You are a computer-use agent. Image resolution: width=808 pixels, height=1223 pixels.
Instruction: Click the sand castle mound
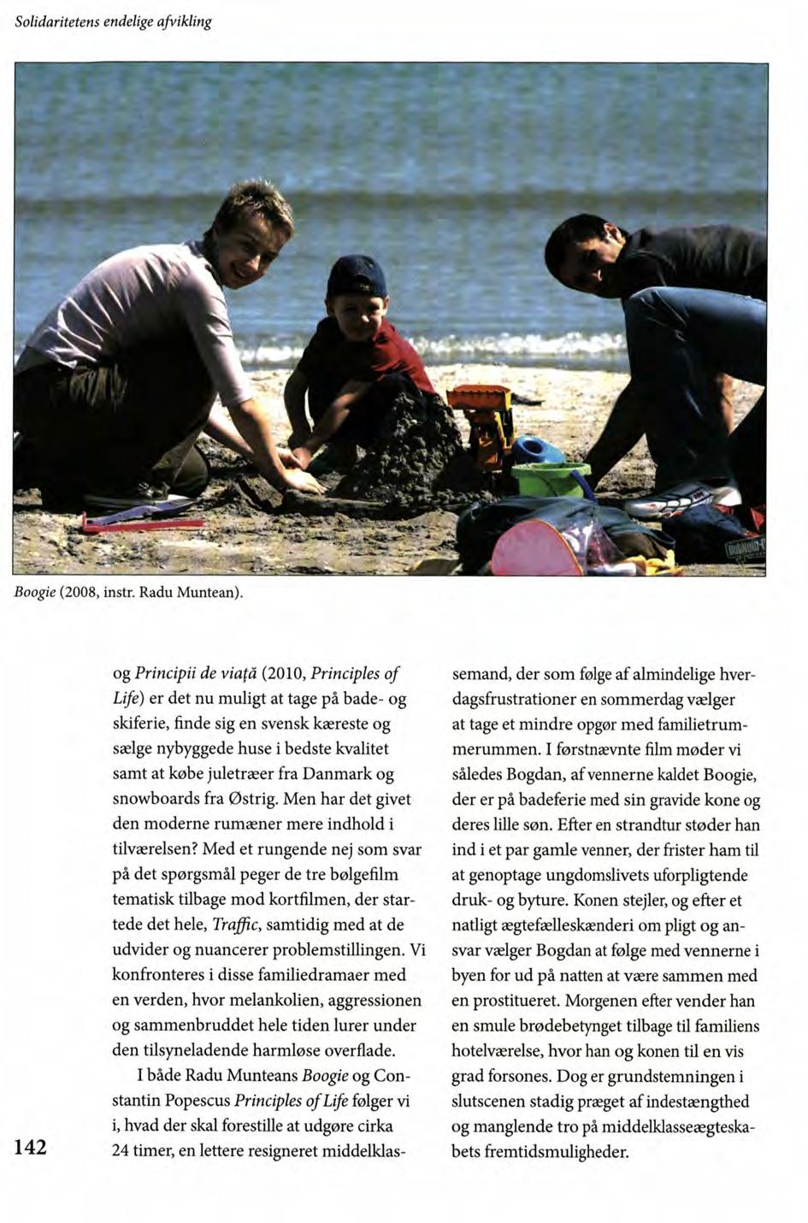point(410,445)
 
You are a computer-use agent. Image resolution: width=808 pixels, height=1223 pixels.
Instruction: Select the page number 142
point(30,1147)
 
